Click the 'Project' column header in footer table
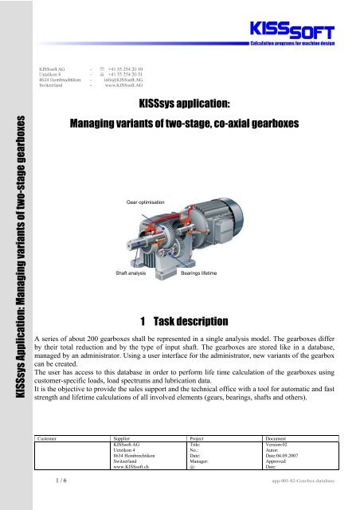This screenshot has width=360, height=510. [x=198, y=437]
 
